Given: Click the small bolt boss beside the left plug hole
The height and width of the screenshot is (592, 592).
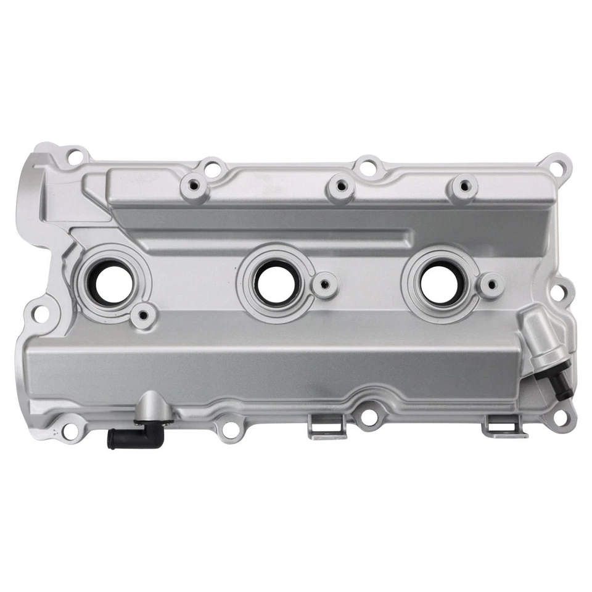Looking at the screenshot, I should point(143,316).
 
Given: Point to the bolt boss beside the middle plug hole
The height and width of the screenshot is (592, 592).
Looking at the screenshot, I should point(324,285).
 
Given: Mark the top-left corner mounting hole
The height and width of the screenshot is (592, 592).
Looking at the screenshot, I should point(75,156).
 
